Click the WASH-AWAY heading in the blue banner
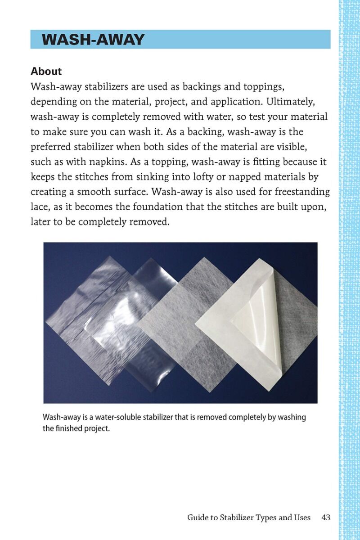[93, 40]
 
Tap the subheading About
[46, 71]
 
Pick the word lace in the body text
[39, 207]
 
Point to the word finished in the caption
[69, 428]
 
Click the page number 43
[326, 517]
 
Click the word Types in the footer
[267, 517]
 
